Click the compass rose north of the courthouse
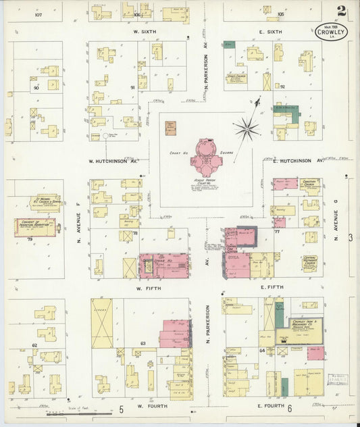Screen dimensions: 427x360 click(x=247, y=126)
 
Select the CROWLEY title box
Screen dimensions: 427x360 click(x=326, y=30)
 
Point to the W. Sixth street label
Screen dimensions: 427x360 click(x=145, y=30)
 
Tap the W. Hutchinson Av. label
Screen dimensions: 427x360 click(x=113, y=162)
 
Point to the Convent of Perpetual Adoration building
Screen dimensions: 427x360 click(x=34, y=227)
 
